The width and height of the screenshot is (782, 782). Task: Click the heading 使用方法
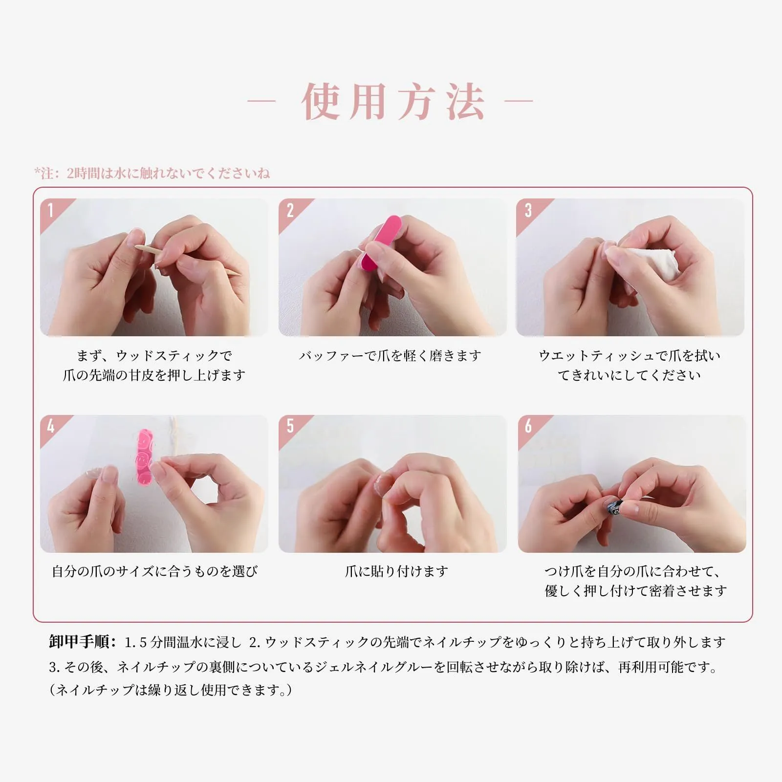[x=393, y=102]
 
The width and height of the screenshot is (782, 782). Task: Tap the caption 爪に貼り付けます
[x=396, y=571]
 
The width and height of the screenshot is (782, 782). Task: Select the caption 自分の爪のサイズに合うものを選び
[x=154, y=571]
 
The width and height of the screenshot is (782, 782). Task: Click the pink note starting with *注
[x=152, y=173]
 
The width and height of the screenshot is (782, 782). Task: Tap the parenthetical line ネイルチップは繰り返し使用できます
[x=171, y=690]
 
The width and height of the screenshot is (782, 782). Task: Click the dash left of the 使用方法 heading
[x=261, y=102]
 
